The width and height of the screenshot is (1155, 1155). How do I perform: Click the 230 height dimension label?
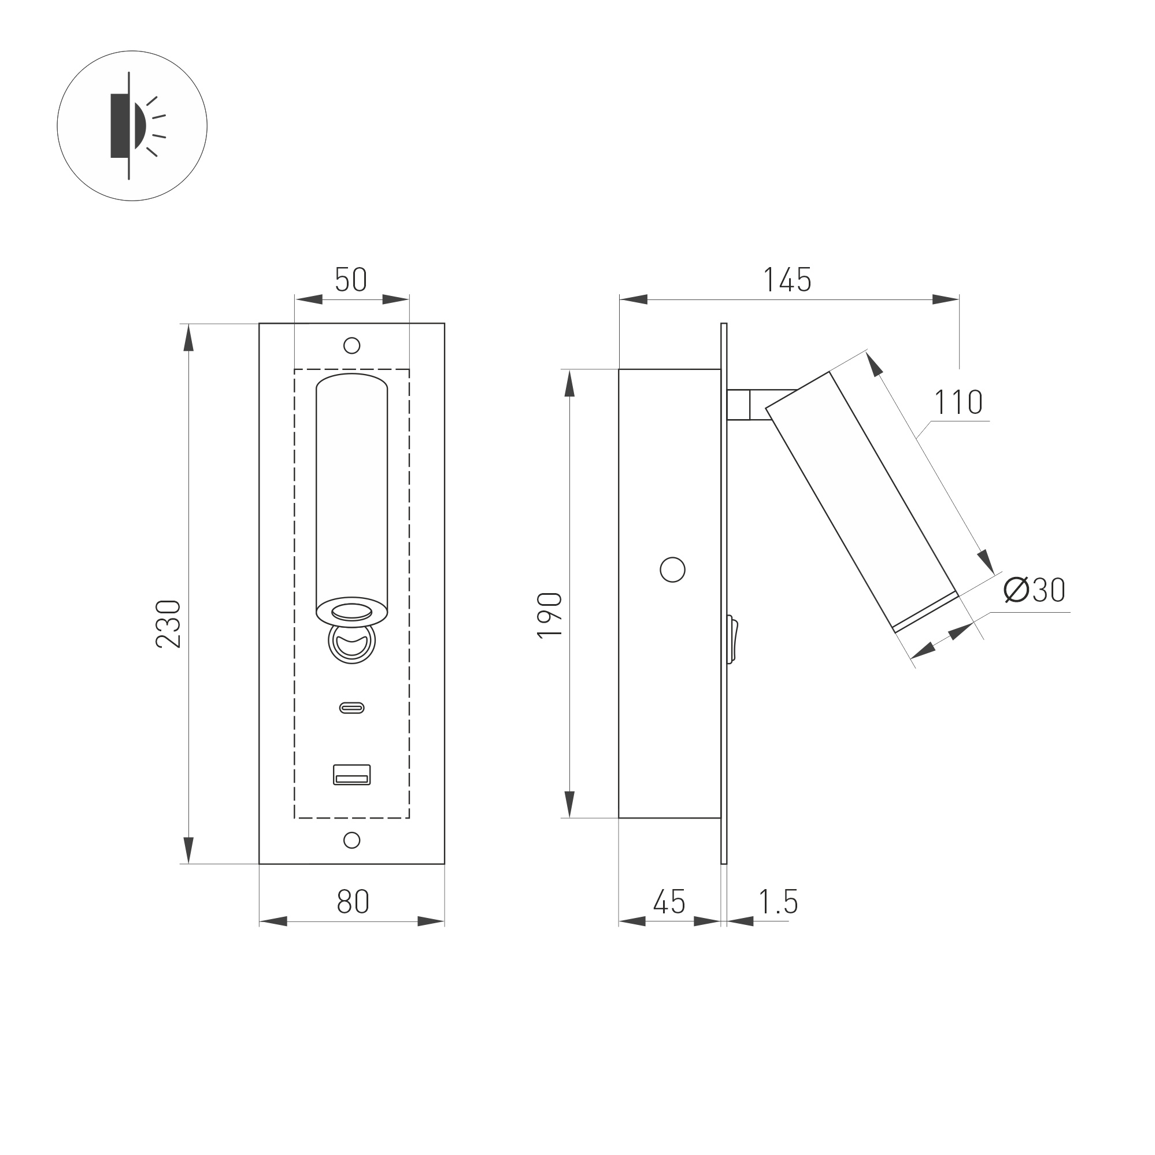pyautogui.click(x=168, y=623)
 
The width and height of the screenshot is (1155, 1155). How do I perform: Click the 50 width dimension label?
pyautogui.click(x=351, y=280)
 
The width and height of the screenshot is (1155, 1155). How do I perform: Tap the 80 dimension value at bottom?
pyautogui.click(x=353, y=902)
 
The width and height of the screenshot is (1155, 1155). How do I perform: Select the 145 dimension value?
pyautogui.click(x=787, y=280)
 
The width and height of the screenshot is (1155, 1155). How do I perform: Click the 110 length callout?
pyautogui.click(x=958, y=402)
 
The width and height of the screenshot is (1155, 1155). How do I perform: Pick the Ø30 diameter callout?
pyautogui.click(x=1034, y=591)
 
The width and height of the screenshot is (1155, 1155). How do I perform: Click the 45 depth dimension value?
pyautogui.click(x=669, y=902)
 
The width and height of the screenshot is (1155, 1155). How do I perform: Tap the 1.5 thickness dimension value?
pyautogui.click(x=778, y=902)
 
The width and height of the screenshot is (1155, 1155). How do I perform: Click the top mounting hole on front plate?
pyautogui.click(x=351, y=346)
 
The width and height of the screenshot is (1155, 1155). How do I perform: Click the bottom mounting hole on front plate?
pyautogui.click(x=351, y=840)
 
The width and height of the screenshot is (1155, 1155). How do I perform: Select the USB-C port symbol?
pyautogui.click(x=351, y=708)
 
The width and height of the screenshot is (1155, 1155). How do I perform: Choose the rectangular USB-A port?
pyautogui.click(x=351, y=774)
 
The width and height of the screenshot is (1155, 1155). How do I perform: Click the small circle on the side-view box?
pyautogui.click(x=672, y=570)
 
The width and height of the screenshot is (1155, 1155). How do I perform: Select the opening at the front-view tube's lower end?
pyautogui.click(x=351, y=612)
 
